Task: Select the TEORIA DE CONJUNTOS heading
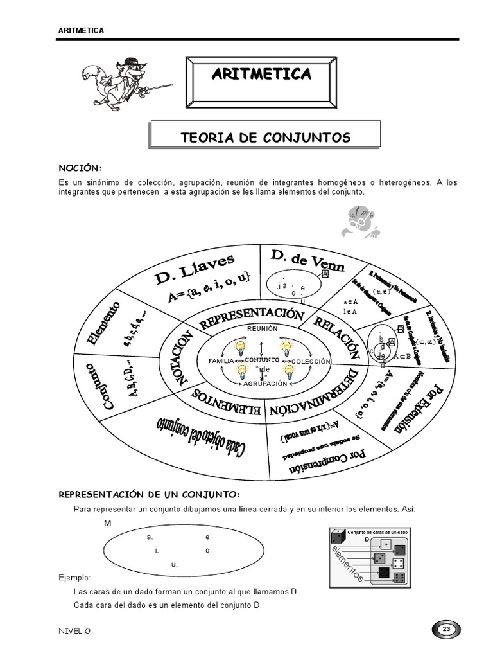[266, 137]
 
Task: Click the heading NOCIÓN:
[80, 168]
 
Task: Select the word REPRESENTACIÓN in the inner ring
[251, 317]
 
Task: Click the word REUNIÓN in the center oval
[262, 329]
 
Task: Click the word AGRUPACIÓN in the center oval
[264, 384]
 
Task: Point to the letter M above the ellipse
[108, 523]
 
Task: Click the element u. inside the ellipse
[174, 565]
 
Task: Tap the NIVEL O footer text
[74, 630]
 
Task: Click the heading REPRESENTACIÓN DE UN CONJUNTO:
[149, 494]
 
